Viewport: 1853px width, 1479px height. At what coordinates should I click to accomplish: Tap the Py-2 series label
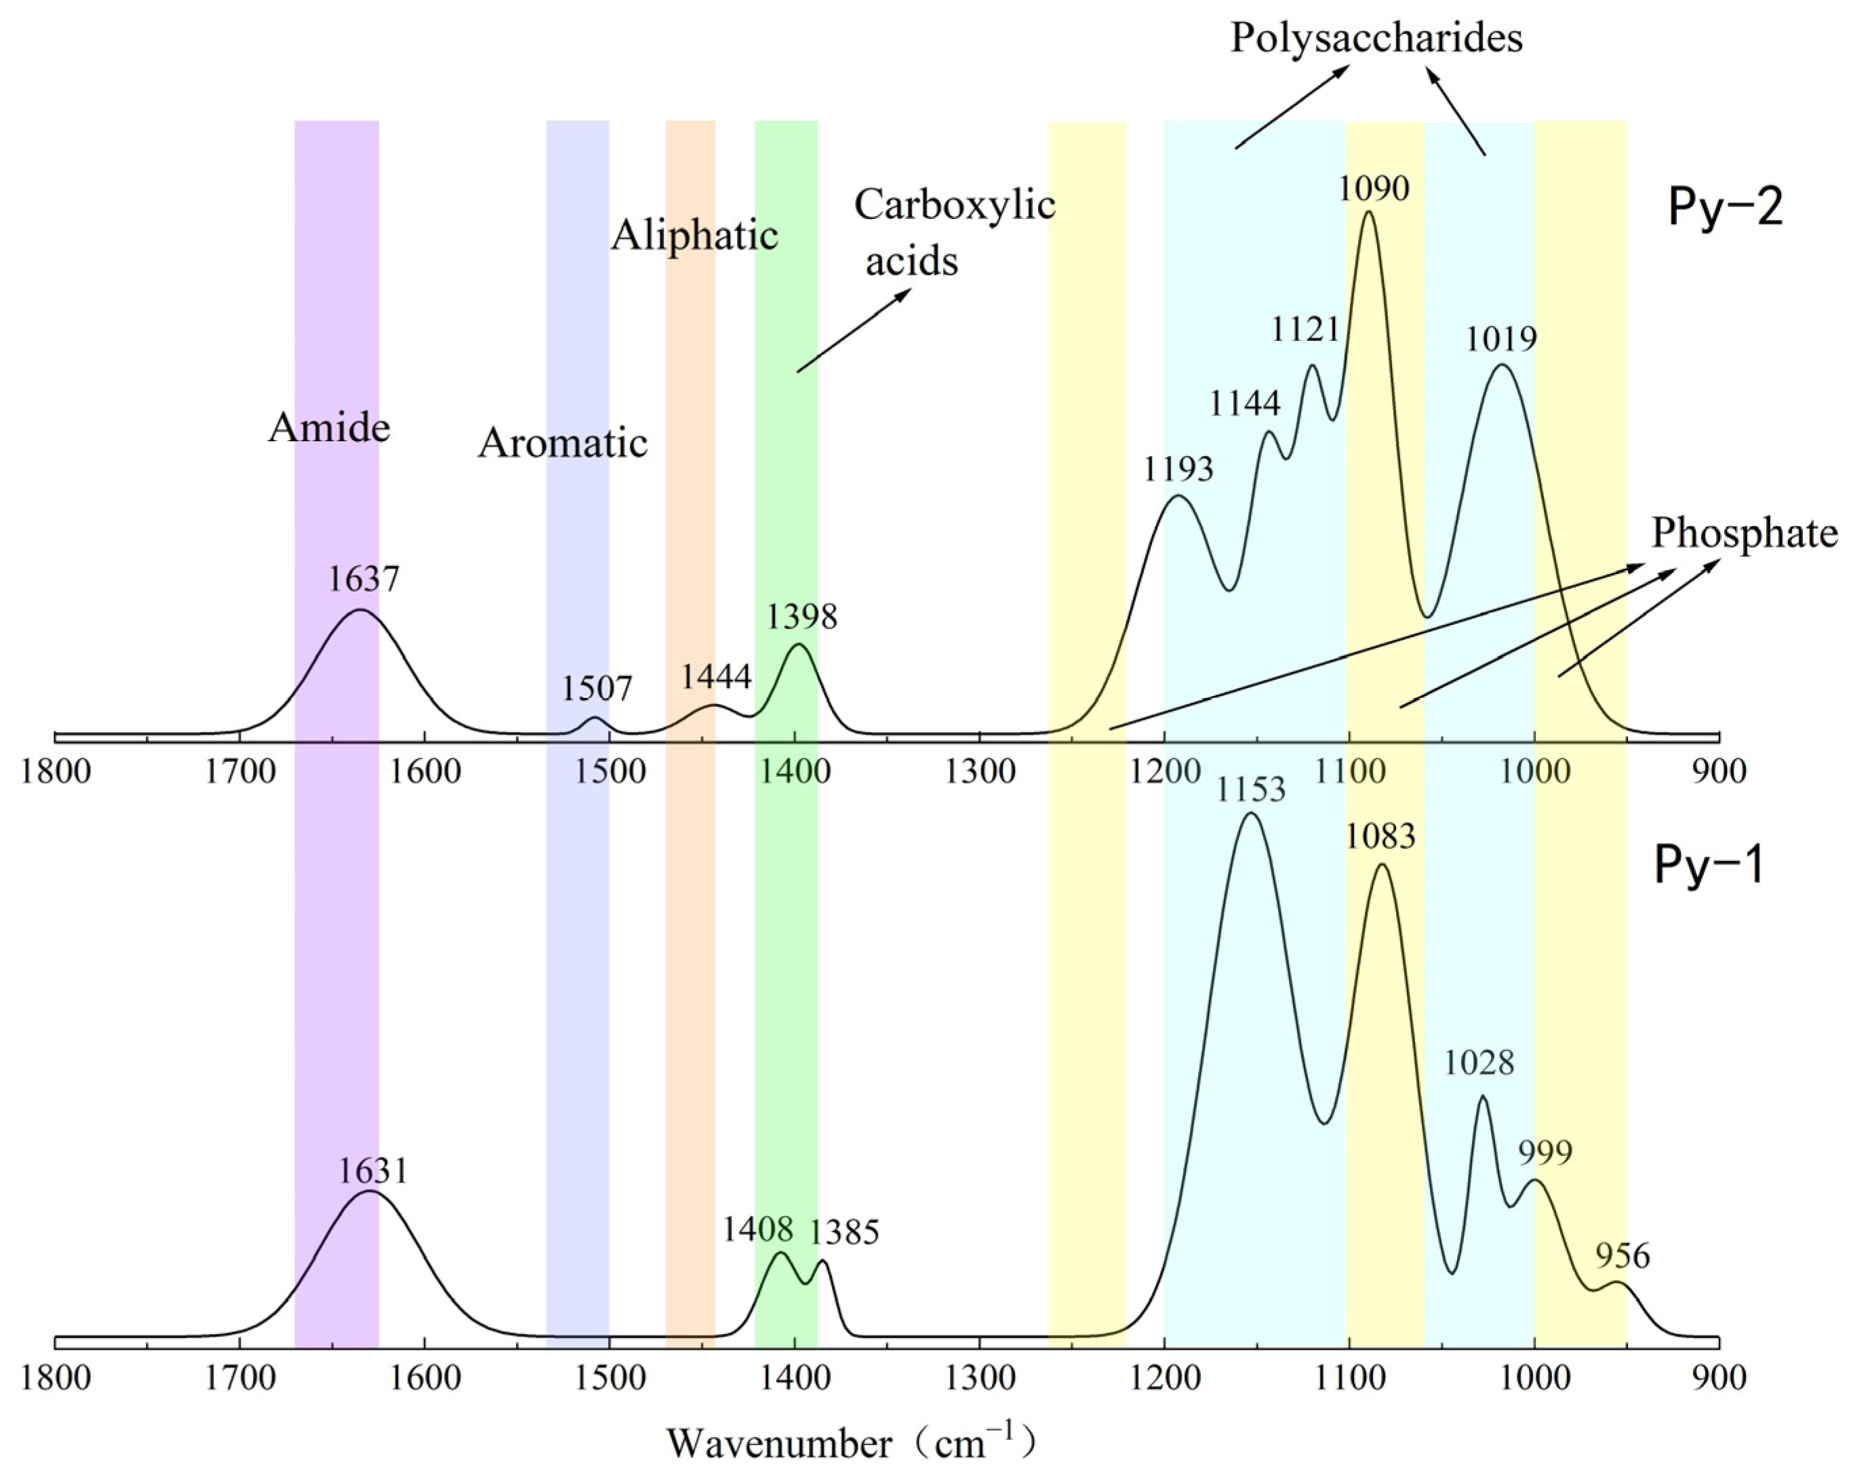coord(1725,207)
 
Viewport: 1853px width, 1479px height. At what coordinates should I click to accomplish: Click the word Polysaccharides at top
coord(1376,38)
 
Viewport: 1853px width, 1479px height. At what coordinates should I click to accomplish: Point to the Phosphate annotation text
coord(1744,533)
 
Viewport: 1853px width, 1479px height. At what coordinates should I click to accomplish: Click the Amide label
coord(330,427)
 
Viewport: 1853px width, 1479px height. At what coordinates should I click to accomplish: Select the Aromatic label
coord(562,443)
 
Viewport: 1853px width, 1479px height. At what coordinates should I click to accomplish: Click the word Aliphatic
coord(694,235)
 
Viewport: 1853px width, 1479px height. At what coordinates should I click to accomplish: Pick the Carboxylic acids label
coord(954,232)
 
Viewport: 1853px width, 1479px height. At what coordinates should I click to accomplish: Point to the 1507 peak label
coord(597,689)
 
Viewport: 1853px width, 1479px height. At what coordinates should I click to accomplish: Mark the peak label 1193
coord(1178,469)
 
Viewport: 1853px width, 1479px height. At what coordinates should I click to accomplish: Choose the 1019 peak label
coord(1500,340)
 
